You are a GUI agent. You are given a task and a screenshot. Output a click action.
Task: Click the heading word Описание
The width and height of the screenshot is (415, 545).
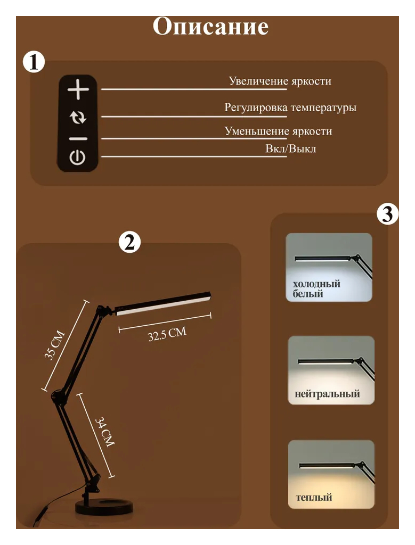click(210, 27)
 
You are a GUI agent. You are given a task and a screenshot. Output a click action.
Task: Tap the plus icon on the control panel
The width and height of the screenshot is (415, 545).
click(78, 89)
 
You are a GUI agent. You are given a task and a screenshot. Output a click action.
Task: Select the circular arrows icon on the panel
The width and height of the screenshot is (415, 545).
click(78, 118)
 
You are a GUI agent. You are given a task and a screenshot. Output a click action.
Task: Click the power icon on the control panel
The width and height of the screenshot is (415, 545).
click(77, 158)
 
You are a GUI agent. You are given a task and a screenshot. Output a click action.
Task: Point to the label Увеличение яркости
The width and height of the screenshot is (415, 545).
click(280, 81)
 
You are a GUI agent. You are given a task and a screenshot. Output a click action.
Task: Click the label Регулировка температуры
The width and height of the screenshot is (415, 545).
click(290, 108)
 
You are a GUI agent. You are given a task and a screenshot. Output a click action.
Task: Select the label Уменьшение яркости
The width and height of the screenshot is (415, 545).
click(278, 131)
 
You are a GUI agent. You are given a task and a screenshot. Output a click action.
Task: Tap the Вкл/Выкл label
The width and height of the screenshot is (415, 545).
click(290, 149)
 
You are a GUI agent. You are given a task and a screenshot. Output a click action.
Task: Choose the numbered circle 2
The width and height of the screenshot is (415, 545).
click(129, 242)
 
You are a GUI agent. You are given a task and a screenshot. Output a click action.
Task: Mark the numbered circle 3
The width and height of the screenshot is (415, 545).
click(387, 214)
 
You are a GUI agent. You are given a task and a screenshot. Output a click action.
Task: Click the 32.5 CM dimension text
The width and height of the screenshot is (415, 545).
click(167, 334)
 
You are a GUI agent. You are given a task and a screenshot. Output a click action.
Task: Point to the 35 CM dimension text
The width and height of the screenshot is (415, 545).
click(55, 345)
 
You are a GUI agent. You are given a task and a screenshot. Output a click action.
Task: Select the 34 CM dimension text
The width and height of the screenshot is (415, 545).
click(104, 432)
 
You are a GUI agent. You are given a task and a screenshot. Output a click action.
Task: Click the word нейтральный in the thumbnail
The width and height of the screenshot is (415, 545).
click(327, 394)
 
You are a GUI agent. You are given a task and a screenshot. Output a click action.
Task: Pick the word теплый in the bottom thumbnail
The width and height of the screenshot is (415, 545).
click(314, 498)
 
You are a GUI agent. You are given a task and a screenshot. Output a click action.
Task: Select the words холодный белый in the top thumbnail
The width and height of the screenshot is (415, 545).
click(316, 289)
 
